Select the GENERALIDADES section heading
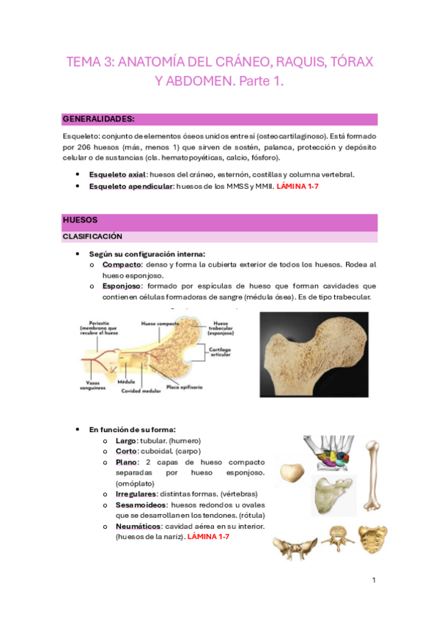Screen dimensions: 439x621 [x=98, y=118]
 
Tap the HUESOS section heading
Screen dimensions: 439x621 [x=80, y=219]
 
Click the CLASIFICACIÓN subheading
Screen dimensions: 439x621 [x=92, y=237]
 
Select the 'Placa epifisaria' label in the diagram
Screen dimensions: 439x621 [x=184, y=386]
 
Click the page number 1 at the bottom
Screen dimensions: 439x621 [x=373, y=581]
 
